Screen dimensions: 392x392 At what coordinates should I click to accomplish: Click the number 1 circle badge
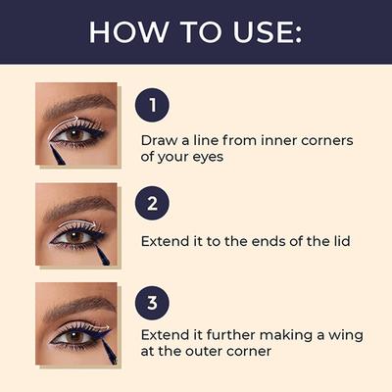[x=152, y=105]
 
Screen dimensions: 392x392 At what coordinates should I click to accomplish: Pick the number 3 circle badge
[x=152, y=301]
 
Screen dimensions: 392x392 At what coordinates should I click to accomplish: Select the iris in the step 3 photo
[x=73, y=334]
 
